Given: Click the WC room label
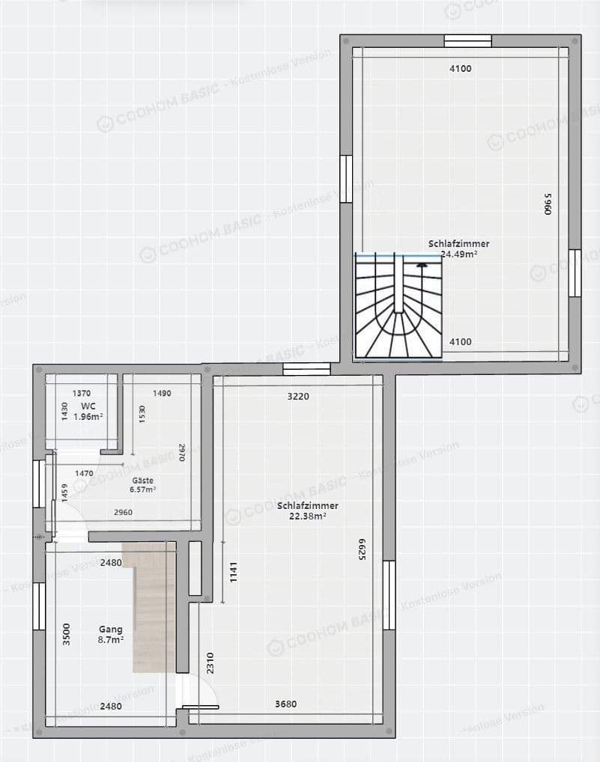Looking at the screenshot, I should [x=88, y=406].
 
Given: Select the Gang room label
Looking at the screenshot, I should [x=110, y=630].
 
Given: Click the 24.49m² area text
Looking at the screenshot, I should [x=459, y=254].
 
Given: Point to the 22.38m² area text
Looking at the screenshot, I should [x=307, y=516].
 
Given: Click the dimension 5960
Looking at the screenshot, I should [x=547, y=204].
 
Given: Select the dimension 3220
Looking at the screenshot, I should [x=297, y=396].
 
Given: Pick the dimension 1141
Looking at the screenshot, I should [x=233, y=572].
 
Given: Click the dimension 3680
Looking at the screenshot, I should [x=285, y=704].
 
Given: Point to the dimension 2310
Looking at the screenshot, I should [x=210, y=662].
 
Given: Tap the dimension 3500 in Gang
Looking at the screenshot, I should [x=67, y=634].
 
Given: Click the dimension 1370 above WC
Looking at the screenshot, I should [x=81, y=393].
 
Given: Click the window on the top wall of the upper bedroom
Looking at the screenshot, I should [x=467, y=41].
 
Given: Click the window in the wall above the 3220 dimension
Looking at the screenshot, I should [x=306, y=368].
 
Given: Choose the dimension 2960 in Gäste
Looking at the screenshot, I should [x=124, y=512].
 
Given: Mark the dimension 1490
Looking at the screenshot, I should [x=162, y=393].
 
